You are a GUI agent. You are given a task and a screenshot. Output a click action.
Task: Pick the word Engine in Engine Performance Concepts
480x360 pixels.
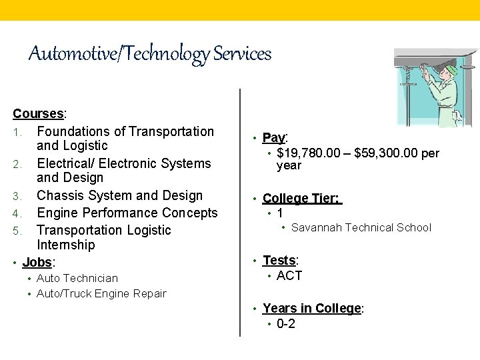57,213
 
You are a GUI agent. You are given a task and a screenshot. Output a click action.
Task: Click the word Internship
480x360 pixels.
65,245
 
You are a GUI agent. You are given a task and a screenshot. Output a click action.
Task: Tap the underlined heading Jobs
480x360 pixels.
38,262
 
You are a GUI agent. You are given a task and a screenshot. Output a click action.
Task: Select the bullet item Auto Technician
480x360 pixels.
77,279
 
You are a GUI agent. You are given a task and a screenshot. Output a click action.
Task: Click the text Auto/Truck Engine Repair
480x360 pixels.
101,294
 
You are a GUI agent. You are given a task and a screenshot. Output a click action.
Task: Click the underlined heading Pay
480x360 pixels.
273,138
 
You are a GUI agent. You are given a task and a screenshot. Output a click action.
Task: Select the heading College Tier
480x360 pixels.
301,199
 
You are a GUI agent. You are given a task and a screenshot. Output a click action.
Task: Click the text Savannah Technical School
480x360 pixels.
361,228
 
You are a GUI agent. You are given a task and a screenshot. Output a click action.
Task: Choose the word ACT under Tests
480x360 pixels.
289,276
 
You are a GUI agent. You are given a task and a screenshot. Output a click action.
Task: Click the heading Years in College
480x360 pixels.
311,309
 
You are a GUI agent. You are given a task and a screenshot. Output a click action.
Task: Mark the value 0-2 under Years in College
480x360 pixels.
286,325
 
